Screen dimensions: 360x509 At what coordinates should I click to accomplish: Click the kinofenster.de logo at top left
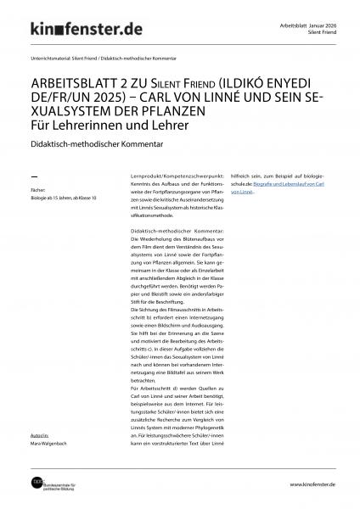[81, 31]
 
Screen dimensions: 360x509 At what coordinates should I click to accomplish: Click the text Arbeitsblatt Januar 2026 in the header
[308, 25]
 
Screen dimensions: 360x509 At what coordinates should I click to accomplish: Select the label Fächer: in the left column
[37, 189]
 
